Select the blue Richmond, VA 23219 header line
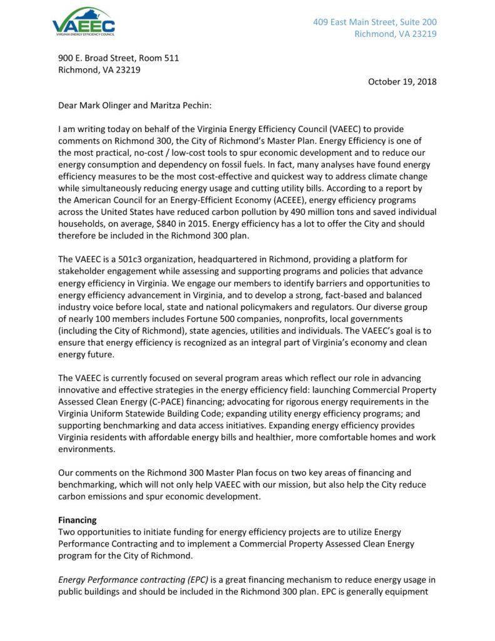(x=395, y=34)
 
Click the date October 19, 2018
(x=402, y=81)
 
